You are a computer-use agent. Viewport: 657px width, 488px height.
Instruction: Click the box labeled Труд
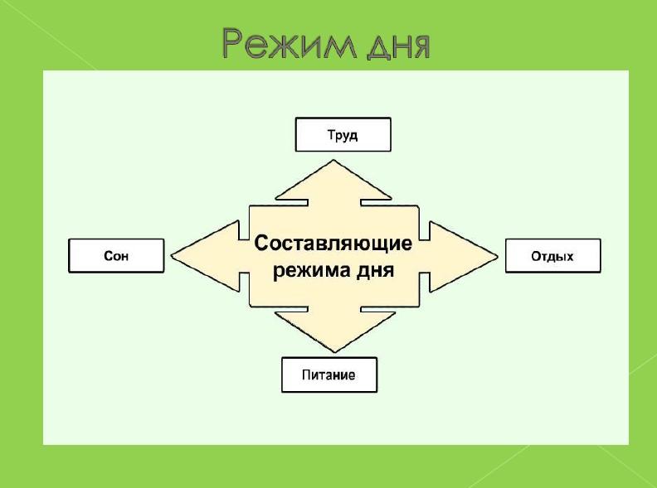pos(343,134)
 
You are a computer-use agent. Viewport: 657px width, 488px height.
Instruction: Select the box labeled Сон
pos(116,256)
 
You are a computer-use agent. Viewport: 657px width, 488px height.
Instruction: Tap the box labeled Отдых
pos(553,256)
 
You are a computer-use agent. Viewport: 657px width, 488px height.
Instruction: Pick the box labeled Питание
pos(329,374)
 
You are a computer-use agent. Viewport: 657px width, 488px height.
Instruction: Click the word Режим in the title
pos(290,44)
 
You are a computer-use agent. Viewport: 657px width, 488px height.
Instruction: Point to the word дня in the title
pos(398,46)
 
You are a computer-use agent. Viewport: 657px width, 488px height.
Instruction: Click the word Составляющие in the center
pos(333,243)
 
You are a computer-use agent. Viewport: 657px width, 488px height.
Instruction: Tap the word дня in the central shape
pos(375,271)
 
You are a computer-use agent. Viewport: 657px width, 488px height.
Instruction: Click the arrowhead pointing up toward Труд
pos(334,182)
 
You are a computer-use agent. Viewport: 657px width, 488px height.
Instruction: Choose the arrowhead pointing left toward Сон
pos(206,256)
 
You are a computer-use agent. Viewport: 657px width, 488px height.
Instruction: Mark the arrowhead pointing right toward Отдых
pos(464,257)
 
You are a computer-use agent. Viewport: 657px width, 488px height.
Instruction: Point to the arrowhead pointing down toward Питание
pos(335,330)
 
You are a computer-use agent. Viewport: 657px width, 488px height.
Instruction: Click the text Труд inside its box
pos(343,135)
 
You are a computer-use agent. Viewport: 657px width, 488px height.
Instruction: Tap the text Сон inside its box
pos(116,256)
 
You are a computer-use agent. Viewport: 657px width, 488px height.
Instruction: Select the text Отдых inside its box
pos(552,256)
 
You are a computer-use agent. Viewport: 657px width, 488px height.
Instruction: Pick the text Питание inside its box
pos(328,374)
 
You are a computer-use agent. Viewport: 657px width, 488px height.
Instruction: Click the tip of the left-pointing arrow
pos(171,255)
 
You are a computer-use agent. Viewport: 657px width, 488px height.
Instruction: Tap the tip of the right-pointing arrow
pos(499,257)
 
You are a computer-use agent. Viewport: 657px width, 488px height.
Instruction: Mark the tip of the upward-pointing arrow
pos(333,159)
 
